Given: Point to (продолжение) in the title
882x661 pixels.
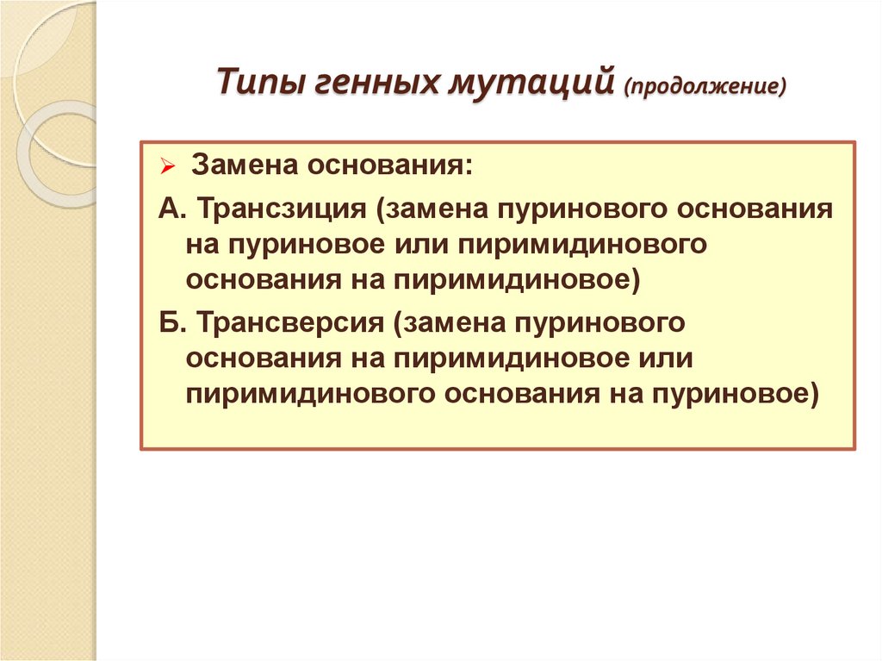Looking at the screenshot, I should point(705,86).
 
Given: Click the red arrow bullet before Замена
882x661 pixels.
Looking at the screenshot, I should point(167,165).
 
